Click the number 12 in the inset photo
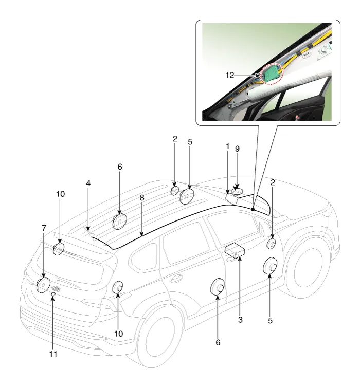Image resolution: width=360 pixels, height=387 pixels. pyautogui.click(x=229, y=75)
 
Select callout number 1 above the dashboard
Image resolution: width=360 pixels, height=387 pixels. pyautogui.click(x=227, y=146)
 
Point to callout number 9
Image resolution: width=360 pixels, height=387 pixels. pyautogui.click(x=237, y=149)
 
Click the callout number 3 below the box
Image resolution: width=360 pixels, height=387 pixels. pyautogui.click(x=240, y=319)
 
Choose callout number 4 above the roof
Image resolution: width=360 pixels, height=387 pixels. pyautogui.click(x=88, y=183)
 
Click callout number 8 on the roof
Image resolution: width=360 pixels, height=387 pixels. pyautogui.click(x=141, y=197)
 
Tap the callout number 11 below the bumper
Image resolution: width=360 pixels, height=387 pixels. pyautogui.click(x=52, y=355)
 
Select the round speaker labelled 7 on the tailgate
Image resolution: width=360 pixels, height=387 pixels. pyautogui.click(x=42, y=284)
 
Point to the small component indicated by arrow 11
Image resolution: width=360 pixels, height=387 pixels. pyautogui.click(x=53, y=294)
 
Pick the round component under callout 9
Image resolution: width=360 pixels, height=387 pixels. pyautogui.click(x=237, y=191)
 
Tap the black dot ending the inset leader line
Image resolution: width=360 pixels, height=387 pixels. pyautogui.click(x=253, y=209)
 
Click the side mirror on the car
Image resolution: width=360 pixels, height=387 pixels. pyautogui.click(x=264, y=227)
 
